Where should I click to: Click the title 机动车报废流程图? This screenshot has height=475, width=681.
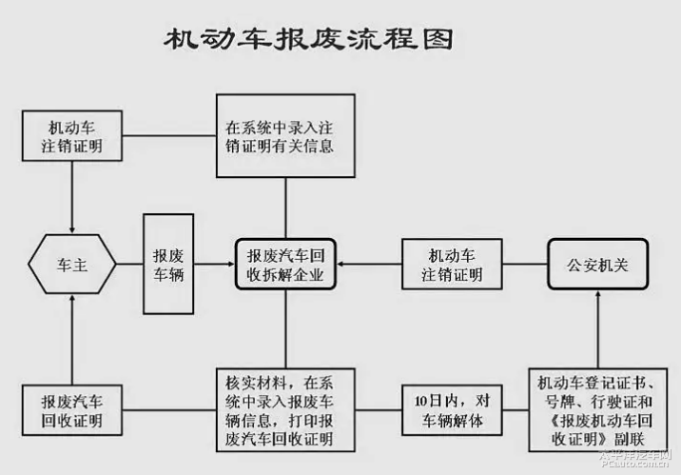tap(307, 39)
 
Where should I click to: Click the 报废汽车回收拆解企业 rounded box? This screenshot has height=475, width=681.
tap(285, 265)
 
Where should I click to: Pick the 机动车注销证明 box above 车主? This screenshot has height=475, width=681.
tap(72, 136)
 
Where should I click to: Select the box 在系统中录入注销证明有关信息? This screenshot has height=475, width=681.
tap(285, 136)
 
